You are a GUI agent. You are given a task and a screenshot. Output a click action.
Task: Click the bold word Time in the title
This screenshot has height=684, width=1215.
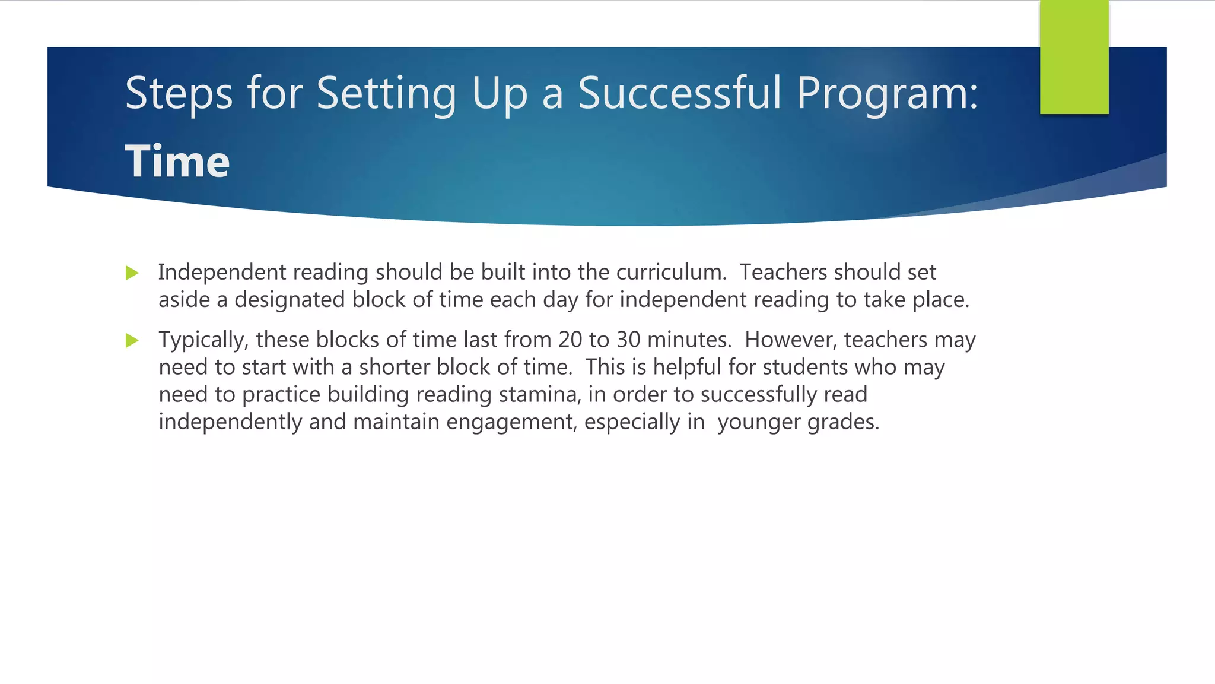[177, 161]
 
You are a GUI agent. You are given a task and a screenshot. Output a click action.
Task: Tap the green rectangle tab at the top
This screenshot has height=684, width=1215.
[1074, 57]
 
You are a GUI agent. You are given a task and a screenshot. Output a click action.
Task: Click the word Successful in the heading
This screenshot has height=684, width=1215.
[679, 93]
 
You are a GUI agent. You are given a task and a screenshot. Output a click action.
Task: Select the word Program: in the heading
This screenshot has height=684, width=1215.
[887, 93]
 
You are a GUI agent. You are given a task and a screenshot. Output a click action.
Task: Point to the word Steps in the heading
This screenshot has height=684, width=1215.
[179, 93]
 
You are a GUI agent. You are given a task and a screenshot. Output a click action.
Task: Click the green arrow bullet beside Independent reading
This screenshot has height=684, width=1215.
[132, 273]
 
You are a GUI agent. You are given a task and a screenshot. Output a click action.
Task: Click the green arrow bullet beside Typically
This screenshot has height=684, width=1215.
[132, 341]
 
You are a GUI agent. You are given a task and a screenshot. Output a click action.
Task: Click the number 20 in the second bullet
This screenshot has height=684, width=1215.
[570, 340]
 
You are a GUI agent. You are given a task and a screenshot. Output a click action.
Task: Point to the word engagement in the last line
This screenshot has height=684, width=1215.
[511, 422]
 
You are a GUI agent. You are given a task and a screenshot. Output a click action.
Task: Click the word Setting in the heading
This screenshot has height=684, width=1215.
[386, 93]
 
